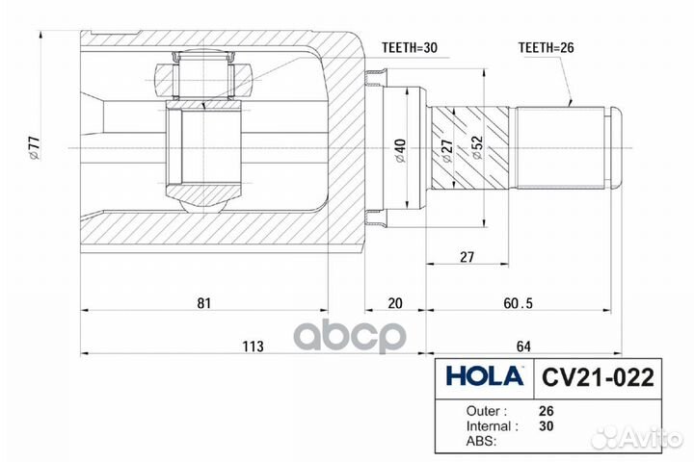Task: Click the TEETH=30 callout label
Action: [x=410, y=48]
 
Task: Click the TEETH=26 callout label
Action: [x=547, y=48]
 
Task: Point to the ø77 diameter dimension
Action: [x=35, y=148]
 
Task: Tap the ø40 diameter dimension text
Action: [x=400, y=151]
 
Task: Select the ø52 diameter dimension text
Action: [x=477, y=147]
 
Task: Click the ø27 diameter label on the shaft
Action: [x=447, y=152]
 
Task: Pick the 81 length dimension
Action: [x=204, y=303]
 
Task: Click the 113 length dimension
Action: [x=253, y=346]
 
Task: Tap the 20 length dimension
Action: [x=395, y=303]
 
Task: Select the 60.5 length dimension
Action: [x=519, y=303]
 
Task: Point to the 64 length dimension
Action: [x=523, y=346]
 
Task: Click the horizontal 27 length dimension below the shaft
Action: [x=467, y=257]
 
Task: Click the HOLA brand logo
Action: [x=485, y=376]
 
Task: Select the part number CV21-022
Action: [x=598, y=377]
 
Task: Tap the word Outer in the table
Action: [x=483, y=411]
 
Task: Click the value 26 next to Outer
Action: [x=547, y=411]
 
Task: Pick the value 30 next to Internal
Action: [x=547, y=426]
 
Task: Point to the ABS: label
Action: [x=482, y=441]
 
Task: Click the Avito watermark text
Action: [x=652, y=438]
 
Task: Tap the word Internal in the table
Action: [x=488, y=426]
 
